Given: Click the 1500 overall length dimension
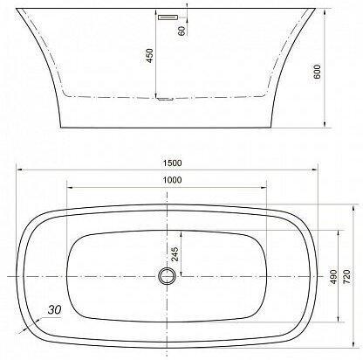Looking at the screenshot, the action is pyautogui.click(x=172, y=163).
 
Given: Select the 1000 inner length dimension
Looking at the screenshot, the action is pyautogui.click(x=172, y=180).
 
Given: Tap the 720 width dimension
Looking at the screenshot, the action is pyautogui.click(x=347, y=277).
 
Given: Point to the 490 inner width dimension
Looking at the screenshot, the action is pyautogui.click(x=332, y=277).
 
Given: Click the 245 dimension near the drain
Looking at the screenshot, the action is pyautogui.click(x=175, y=254).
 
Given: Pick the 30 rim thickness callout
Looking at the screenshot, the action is pyautogui.click(x=54, y=309).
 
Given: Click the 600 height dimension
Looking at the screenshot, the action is pyautogui.click(x=317, y=72).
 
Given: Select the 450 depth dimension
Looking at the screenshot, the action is pyautogui.click(x=149, y=55).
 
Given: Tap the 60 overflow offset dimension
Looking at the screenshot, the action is pyautogui.click(x=181, y=31).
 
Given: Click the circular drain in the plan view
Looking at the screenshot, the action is pyautogui.click(x=167, y=275).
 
